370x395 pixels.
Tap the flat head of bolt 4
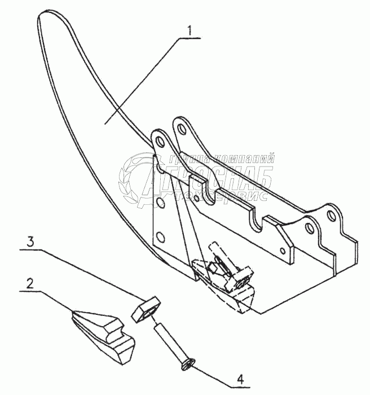tap(187, 367)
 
